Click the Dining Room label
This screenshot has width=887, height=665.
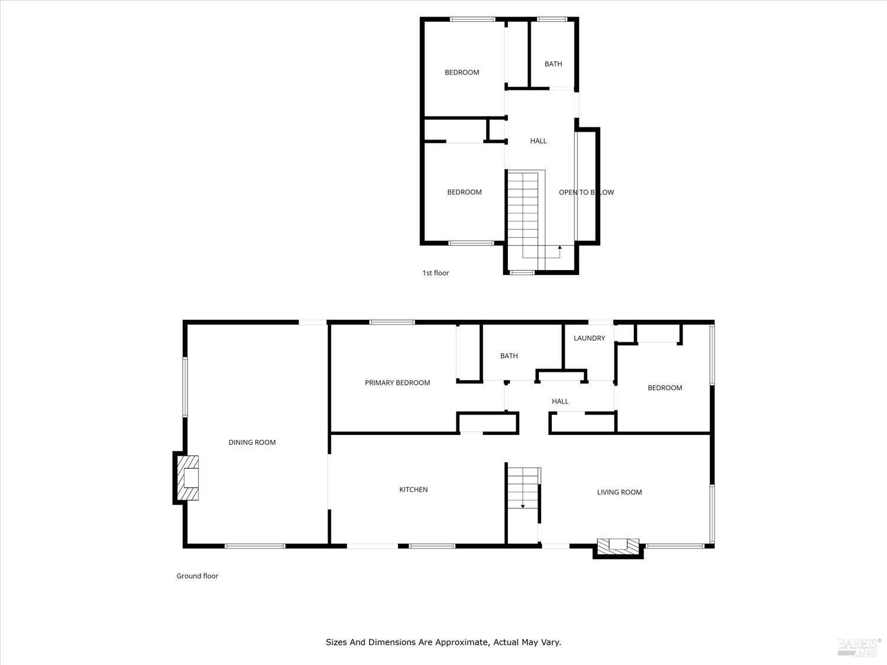(x=252, y=442)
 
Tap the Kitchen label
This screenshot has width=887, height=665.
(x=413, y=489)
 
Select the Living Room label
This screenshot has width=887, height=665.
(x=619, y=492)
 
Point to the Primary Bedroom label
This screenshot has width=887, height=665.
(x=397, y=382)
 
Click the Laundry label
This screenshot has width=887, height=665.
(x=589, y=338)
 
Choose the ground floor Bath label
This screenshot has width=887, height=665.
(x=509, y=356)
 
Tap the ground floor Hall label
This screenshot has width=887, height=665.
(x=560, y=401)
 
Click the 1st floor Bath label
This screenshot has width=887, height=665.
(x=553, y=64)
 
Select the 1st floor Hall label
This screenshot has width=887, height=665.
(x=538, y=141)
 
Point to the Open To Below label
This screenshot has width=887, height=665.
(x=586, y=192)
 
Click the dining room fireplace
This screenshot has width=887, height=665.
(x=187, y=478)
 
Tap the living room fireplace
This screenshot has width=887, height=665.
(x=619, y=547)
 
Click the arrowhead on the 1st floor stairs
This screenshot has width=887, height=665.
(x=559, y=246)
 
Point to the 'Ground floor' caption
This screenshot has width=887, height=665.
(x=197, y=576)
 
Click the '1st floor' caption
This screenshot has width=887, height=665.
(x=435, y=273)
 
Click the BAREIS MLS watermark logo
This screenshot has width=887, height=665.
(x=859, y=647)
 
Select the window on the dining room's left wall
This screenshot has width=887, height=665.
(x=184, y=387)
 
